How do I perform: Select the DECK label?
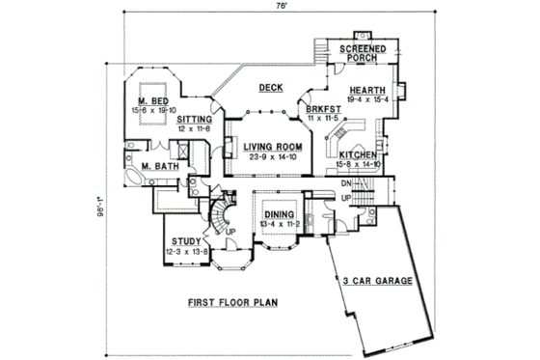pos(270,89)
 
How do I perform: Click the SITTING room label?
pos(194,120)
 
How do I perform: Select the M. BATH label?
pos(157,166)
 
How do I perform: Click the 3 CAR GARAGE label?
pos(377,282)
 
